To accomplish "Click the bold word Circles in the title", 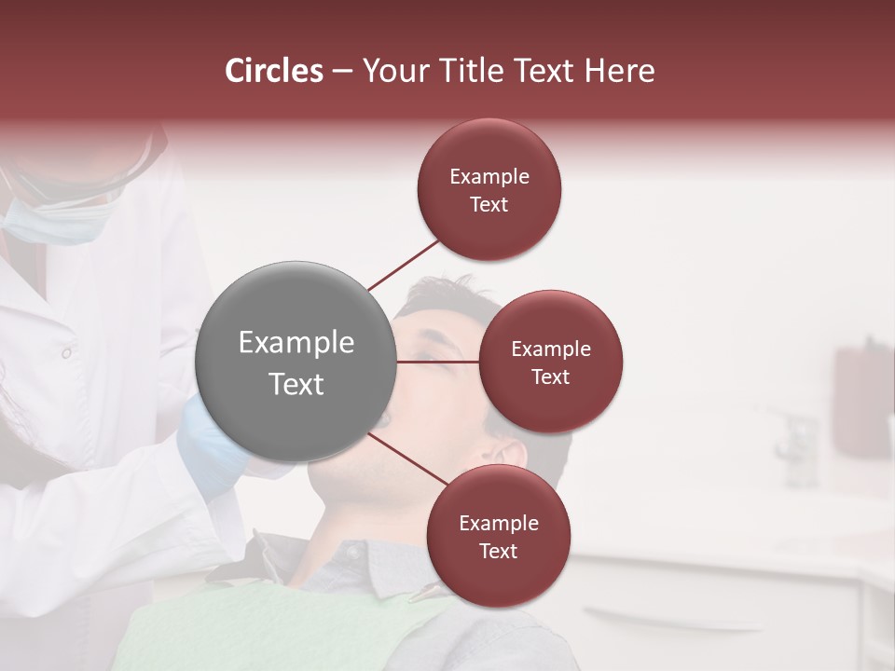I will point(274,71).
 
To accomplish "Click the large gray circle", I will point(296,362).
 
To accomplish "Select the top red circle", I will point(489,189).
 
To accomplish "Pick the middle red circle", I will point(550,362).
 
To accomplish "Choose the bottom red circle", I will point(498,536).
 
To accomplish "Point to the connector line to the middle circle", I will point(437,362).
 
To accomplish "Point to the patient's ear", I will point(510,454).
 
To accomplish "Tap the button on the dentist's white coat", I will point(65,353).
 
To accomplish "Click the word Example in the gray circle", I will point(296,342).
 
